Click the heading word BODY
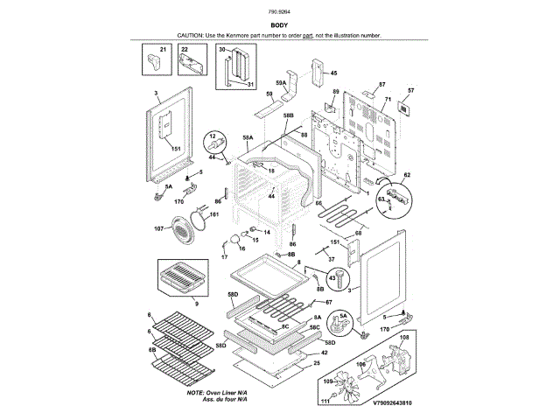click(x=279, y=26)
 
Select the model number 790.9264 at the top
click(x=279, y=11)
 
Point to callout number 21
click(x=160, y=50)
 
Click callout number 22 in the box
click(x=185, y=50)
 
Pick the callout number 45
click(x=332, y=73)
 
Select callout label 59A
click(x=281, y=82)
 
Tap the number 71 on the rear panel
click(x=383, y=100)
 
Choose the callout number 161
click(x=213, y=214)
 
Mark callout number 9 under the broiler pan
click(x=196, y=303)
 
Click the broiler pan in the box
click(x=182, y=279)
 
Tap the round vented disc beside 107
click(x=182, y=231)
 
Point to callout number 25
click(x=316, y=362)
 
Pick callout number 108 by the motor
click(x=404, y=337)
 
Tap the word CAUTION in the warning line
click(x=191, y=35)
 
